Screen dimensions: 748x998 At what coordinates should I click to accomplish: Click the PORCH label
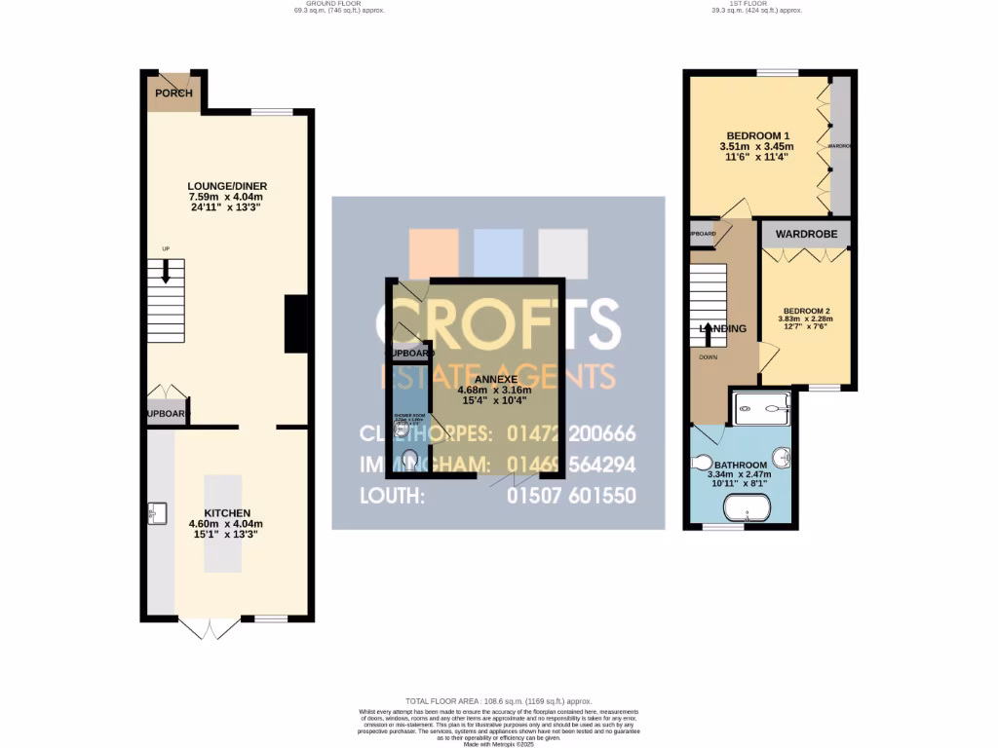[173, 93]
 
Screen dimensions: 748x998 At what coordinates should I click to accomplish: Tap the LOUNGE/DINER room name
[227, 186]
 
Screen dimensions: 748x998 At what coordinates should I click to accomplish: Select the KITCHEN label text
[227, 513]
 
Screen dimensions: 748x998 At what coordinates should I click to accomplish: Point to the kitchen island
[222, 523]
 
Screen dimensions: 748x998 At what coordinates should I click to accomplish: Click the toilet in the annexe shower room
[408, 458]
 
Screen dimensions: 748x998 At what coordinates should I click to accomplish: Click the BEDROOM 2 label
[805, 311]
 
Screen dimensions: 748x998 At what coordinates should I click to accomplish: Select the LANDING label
[723, 329]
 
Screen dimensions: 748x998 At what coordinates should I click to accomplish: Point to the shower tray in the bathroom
[761, 407]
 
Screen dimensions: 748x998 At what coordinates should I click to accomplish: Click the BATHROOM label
[748, 466]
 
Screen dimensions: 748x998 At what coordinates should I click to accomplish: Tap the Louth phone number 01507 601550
[571, 496]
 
